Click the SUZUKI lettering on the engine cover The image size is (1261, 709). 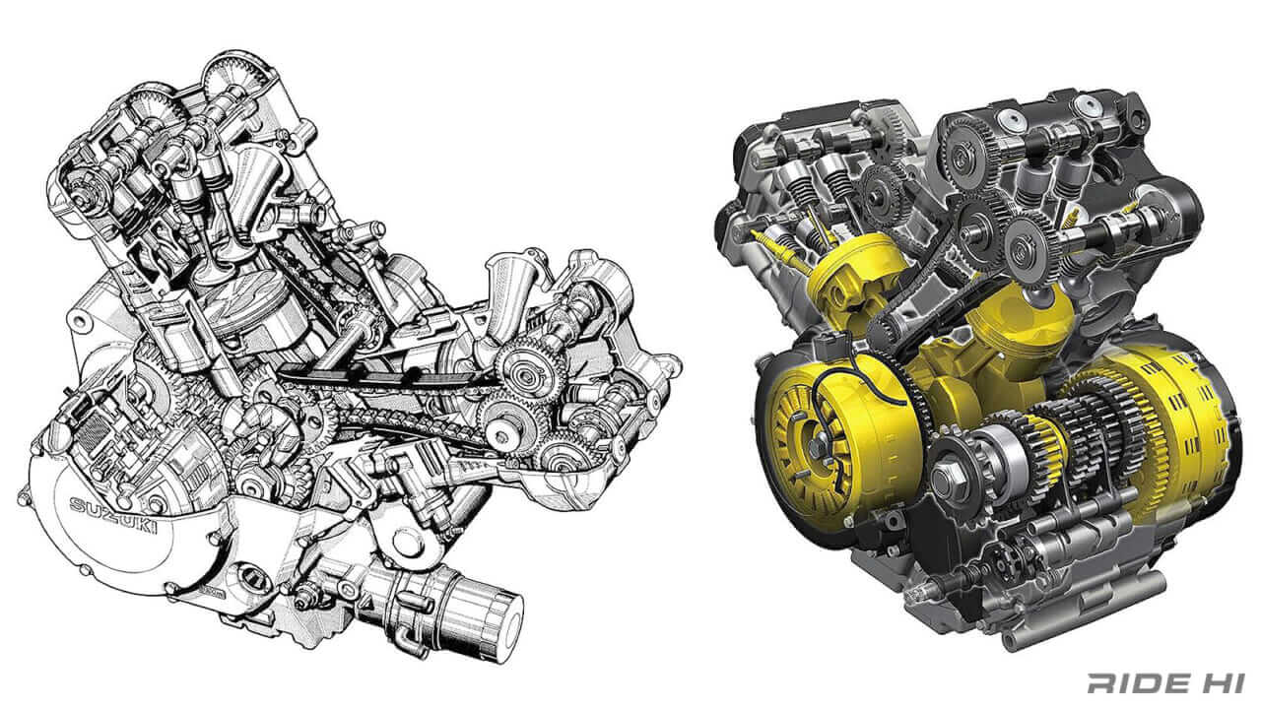pos(114,518)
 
